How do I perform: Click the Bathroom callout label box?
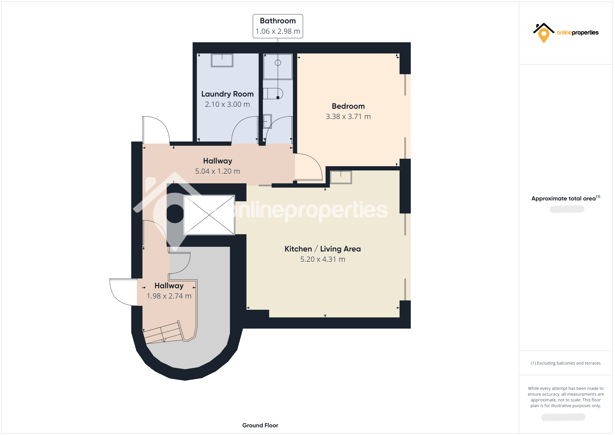click(278, 26)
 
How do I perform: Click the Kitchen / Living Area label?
click(322, 249)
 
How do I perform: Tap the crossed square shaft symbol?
click(209, 215)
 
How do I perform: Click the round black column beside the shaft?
click(175, 213)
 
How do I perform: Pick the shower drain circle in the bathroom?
click(278, 63)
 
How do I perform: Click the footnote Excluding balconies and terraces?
click(565, 363)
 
